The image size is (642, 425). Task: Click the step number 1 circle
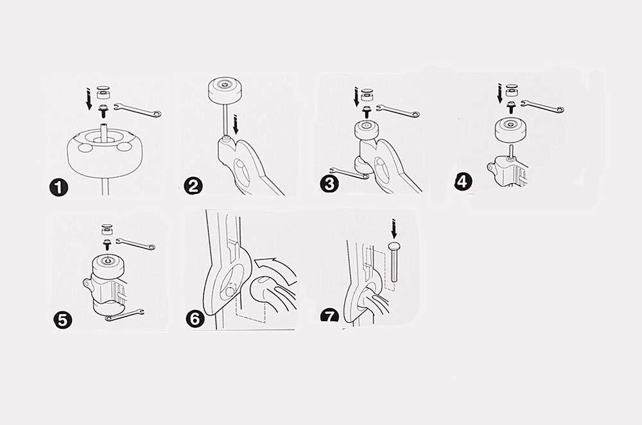(x=58, y=187)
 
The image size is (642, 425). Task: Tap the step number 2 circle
(x=193, y=186)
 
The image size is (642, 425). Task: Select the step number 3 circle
(x=329, y=184)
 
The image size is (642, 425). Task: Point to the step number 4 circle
(x=463, y=181)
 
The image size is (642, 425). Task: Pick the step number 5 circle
(x=63, y=320)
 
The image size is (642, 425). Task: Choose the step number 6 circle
(x=195, y=318)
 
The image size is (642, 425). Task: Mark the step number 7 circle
(x=329, y=316)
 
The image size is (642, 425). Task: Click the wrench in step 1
(x=138, y=110)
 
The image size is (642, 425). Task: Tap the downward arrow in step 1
(x=89, y=98)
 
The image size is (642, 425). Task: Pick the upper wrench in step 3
(x=397, y=110)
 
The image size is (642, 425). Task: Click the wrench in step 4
(x=542, y=106)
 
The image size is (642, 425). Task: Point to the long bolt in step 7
(x=394, y=262)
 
